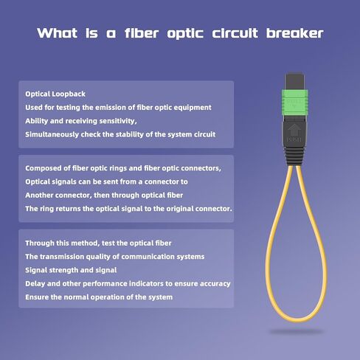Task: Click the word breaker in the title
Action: coord(294,33)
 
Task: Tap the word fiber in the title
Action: coord(142,33)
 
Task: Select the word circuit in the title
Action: coord(235,33)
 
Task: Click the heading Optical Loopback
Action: coord(55,94)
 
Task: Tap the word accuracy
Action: coord(215,284)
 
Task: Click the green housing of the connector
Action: coord(294,103)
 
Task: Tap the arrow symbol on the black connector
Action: coord(294,131)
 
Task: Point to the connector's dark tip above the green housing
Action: coord(294,81)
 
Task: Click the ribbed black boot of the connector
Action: coord(294,156)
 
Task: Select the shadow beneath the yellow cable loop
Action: coord(296,332)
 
